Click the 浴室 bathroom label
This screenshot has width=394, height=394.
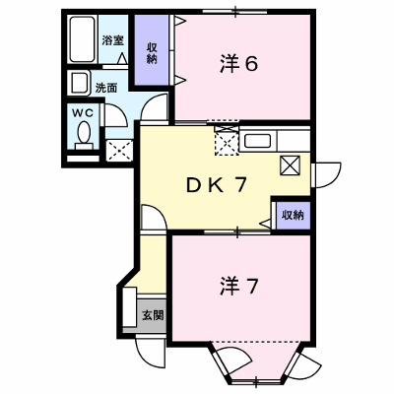tap(112, 41)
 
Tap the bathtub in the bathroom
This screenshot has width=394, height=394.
tap(83, 39)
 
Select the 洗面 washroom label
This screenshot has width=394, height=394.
tap(106, 88)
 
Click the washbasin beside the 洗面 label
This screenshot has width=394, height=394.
tap(79, 83)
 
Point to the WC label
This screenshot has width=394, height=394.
tap(83, 113)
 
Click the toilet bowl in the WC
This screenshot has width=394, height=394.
tap(84, 134)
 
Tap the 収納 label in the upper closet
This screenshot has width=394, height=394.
tap(152, 53)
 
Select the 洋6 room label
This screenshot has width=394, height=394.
tap(238, 64)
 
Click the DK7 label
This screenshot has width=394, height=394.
tap(217, 185)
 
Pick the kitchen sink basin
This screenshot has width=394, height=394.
tap(257, 141)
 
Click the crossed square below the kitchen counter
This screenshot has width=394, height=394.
tap(290, 165)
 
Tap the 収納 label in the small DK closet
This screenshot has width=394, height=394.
tap(293, 216)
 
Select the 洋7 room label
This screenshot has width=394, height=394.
tap(238, 287)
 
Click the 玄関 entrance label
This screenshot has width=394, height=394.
tap(153, 315)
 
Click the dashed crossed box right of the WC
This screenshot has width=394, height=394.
tap(119, 151)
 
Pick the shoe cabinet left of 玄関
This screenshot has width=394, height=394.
tap(129, 307)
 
